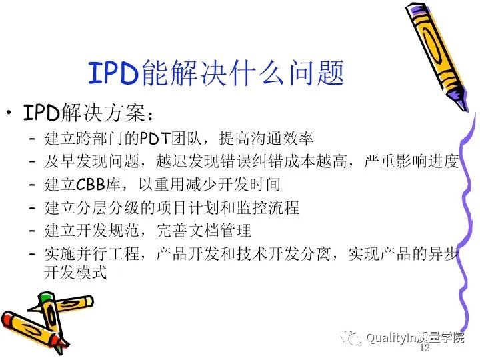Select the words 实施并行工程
[86, 254]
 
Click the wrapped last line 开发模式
[75, 273]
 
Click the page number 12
[425, 349]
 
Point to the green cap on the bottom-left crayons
[45, 298]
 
